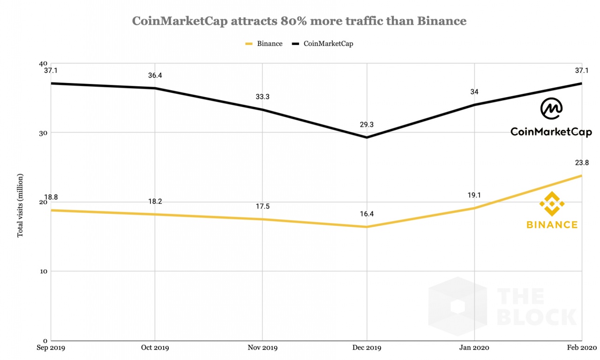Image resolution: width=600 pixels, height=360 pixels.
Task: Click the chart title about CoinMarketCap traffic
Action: click(x=299, y=21)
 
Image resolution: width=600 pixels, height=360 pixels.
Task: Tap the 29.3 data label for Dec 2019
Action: click(x=367, y=125)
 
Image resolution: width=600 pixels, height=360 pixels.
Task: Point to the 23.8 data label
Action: click(x=581, y=163)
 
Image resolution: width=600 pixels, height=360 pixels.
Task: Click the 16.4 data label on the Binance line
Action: click(x=367, y=214)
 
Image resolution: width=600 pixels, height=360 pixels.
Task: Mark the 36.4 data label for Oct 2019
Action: click(x=155, y=75)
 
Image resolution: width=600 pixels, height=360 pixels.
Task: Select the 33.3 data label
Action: click(x=262, y=97)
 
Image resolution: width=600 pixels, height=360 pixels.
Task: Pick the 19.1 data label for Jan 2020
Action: click(x=474, y=195)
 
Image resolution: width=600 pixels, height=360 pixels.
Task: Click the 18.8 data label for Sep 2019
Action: click(x=51, y=197)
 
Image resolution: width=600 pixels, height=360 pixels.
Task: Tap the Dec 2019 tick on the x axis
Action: click(x=367, y=348)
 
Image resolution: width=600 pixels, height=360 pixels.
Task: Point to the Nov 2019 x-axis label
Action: click(x=262, y=348)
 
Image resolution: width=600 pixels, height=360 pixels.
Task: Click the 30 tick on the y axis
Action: click(x=43, y=133)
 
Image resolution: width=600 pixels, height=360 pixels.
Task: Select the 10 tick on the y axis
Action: click(x=43, y=271)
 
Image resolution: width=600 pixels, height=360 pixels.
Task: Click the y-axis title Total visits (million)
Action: click(x=20, y=205)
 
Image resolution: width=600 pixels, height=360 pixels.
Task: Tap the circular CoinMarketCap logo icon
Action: click(x=551, y=109)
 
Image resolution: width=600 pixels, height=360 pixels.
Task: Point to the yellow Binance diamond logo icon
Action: click(x=552, y=204)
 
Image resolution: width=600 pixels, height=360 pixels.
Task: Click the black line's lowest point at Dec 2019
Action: click(x=367, y=137)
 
